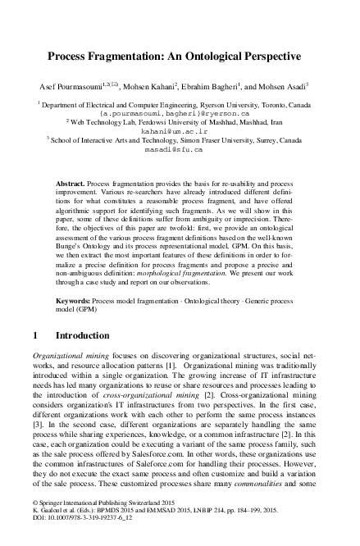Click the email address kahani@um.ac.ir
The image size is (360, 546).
180,130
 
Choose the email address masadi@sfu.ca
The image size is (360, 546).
180,149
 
